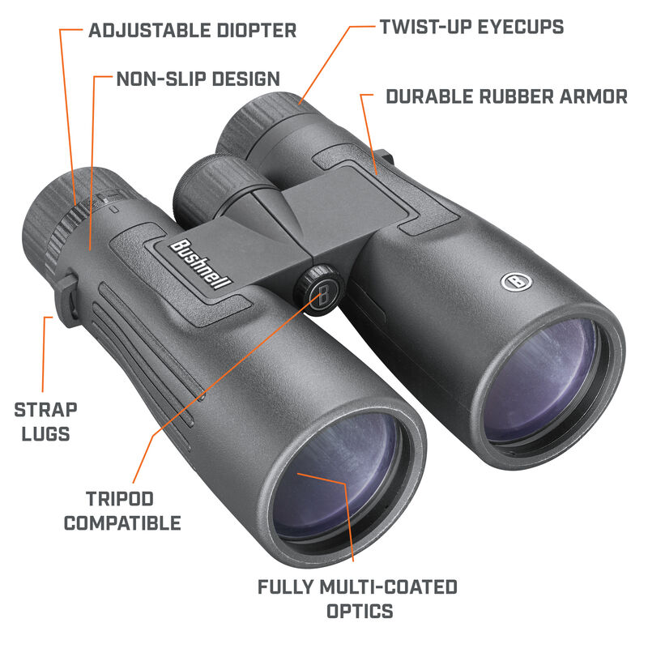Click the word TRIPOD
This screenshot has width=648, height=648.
click(120, 498)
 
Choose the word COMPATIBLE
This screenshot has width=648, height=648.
click(122, 523)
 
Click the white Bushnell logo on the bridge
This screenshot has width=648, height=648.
click(200, 264)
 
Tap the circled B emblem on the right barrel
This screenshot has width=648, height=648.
click(514, 282)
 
